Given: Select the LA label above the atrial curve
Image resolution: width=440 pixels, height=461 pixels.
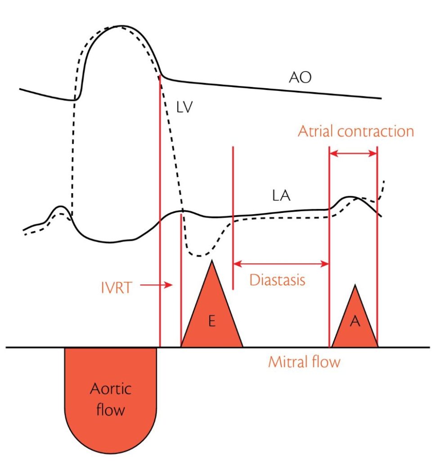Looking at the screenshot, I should point(282,196).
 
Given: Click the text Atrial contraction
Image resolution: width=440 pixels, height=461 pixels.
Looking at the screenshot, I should point(356,131).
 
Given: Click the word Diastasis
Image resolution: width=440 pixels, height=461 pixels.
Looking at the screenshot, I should point(278,280).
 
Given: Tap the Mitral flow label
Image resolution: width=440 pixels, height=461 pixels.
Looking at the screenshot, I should point(304,362).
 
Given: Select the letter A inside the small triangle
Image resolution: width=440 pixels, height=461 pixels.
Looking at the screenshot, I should point(355,324).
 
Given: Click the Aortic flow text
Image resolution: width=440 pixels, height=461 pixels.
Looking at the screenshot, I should point(111,399).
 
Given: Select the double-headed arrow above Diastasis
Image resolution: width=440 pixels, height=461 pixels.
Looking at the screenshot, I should point(281,264).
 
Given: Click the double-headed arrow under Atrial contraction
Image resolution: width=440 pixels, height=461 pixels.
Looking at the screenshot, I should point(353,154).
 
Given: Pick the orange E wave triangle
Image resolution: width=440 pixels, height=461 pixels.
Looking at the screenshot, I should point(211,315).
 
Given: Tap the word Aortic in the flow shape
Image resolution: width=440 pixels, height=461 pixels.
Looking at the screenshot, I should point(111,389).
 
